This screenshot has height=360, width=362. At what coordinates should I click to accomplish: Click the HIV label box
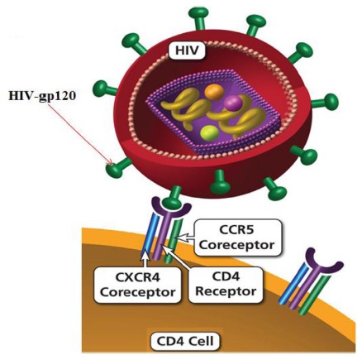point(187,50)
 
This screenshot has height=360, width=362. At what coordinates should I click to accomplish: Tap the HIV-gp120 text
point(42,96)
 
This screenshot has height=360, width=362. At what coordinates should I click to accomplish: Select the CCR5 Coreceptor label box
point(238,238)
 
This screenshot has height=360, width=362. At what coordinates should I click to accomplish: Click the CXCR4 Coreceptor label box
point(137,285)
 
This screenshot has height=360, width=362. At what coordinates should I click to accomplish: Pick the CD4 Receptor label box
point(226,285)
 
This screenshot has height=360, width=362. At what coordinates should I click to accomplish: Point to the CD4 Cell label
point(185,341)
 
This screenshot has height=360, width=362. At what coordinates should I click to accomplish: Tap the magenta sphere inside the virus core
point(233,103)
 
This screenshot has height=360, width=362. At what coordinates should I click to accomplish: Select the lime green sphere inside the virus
point(209,132)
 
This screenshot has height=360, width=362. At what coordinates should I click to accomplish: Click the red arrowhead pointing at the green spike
point(111,162)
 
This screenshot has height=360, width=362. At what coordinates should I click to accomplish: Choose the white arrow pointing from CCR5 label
point(186,238)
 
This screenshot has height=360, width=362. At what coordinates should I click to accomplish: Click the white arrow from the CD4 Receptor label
point(176,257)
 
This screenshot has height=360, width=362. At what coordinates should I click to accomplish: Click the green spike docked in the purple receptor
point(173,198)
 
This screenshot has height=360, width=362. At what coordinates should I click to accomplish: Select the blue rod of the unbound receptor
point(293,284)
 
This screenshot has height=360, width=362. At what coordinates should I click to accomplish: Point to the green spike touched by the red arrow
point(119,167)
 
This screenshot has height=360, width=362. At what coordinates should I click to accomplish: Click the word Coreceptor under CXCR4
point(137,292)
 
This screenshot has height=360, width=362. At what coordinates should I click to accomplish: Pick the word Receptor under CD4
point(226,291)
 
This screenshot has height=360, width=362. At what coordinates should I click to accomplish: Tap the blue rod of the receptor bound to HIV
point(151,234)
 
